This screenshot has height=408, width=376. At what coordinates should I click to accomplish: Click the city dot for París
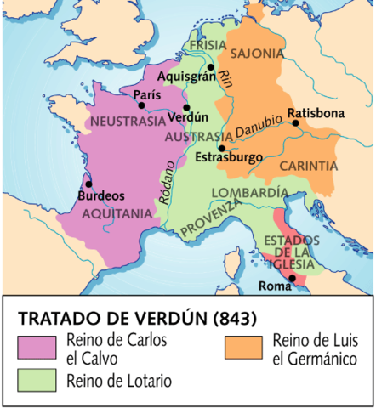[141, 105]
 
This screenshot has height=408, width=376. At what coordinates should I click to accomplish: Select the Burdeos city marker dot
[88, 183]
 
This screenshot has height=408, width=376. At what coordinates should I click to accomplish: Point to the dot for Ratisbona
[296, 123]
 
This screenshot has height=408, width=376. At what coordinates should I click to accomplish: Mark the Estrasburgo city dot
[221, 148]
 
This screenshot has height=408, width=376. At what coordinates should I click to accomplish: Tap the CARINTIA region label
[309, 166]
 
